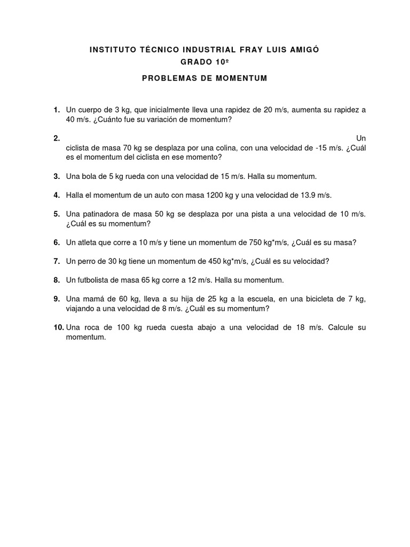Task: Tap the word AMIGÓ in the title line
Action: [x=304, y=50]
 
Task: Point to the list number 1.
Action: [x=56, y=110]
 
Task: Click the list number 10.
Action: [x=58, y=327]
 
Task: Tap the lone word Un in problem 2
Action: [x=361, y=138]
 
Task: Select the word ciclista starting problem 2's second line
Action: [x=78, y=148]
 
